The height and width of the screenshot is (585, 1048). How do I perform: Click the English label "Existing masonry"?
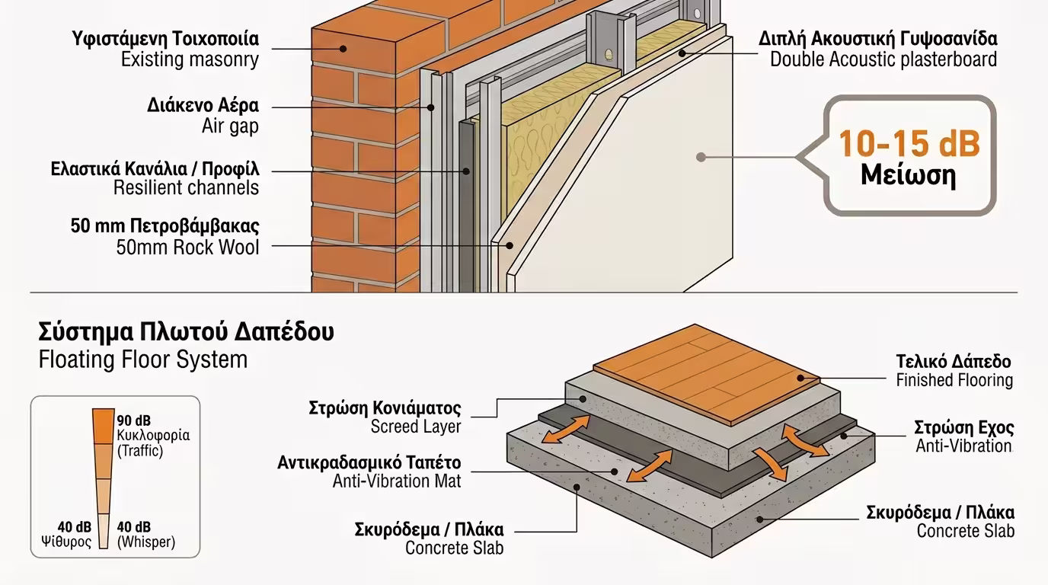coord(190,59)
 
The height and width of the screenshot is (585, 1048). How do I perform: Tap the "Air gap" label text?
coord(229,126)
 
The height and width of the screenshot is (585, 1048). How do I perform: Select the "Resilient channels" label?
coord(186,187)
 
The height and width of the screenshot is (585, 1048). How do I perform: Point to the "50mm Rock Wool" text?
coord(187,247)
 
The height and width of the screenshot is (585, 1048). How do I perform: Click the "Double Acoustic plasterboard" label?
coord(883,59)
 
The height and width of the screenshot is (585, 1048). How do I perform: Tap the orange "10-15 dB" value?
coord(909,143)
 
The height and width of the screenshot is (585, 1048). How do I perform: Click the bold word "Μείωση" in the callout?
coord(908,175)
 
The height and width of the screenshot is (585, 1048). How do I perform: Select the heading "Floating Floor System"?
coord(142,360)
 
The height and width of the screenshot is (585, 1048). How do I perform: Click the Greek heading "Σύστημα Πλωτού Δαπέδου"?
coord(186,333)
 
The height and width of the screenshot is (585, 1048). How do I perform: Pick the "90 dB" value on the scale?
coord(133,420)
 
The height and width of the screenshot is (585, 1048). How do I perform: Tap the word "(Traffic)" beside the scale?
coord(140,451)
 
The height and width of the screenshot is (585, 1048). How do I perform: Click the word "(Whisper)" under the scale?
coord(146,542)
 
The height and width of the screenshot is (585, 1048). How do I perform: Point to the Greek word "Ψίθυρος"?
coord(66,542)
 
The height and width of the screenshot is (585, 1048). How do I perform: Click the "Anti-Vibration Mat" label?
coord(396,481)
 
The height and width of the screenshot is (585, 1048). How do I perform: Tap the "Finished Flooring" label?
coord(954,380)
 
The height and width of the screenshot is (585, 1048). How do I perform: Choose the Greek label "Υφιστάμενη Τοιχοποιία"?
coord(165,38)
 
